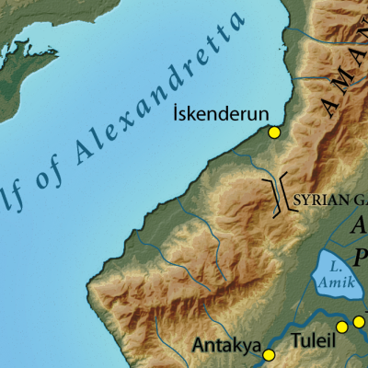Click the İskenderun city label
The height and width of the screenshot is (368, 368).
[x=221, y=113]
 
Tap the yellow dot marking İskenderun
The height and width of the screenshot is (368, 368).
[x=273, y=132]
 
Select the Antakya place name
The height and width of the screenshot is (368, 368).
[x=225, y=346]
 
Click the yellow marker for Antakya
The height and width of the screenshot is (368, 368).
[x=269, y=355]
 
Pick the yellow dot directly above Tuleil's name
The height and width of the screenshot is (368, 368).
[x=341, y=327]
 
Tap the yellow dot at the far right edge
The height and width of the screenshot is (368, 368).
[x=359, y=322]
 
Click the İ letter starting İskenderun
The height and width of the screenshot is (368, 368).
[x=177, y=113]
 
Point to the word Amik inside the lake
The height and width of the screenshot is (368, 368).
[x=338, y=282]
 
